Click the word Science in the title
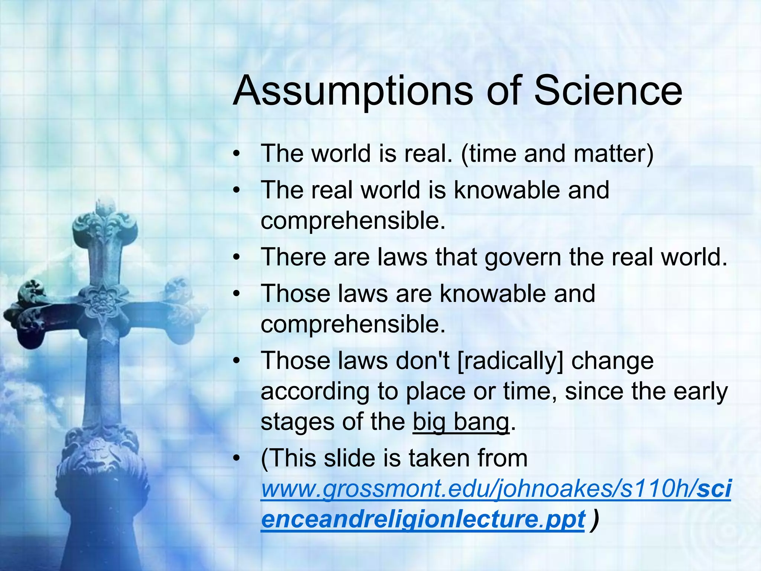[608, 91]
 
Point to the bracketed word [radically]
[510, 361]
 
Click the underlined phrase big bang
[461, 422]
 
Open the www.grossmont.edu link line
[496, 489]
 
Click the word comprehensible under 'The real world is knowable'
[353, 221]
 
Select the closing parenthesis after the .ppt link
[596, 519]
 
